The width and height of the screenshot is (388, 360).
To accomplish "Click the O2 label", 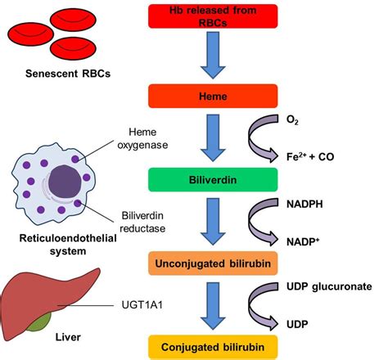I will click(339, 119).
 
